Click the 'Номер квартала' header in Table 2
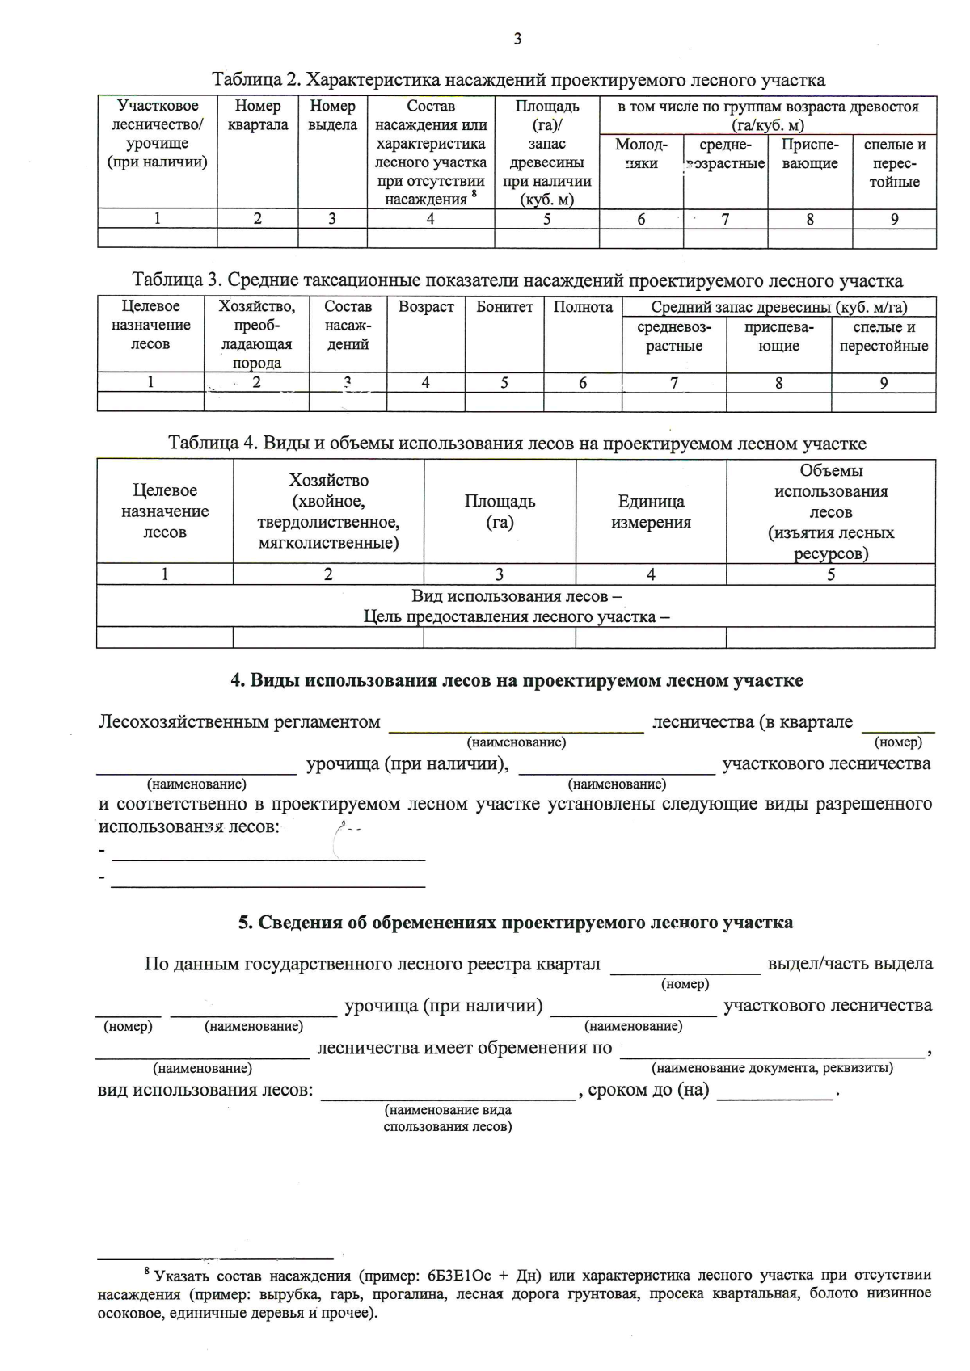(x=258, y=116)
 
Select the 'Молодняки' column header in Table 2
(x=641, y=154)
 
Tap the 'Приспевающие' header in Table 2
(x=809, y=154)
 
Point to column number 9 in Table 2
(x=894, y=219)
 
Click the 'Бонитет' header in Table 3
(x=504, y=307)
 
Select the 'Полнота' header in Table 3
(x=583, y=307)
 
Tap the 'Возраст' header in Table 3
(x=426, y=307)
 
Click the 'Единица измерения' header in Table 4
(x=651, y=511)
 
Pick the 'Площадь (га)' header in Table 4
(x=500, y=511)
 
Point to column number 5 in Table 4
(x=830, y=574)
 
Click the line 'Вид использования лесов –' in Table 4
(x=517, y=596)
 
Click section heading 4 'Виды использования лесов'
(x=517, y=680)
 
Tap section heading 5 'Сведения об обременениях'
(x=516, y=923)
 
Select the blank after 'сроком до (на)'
(x=774, y=1091)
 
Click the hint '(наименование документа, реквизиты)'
(x=772, y=1068)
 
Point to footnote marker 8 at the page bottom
(x=147, y=1272)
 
